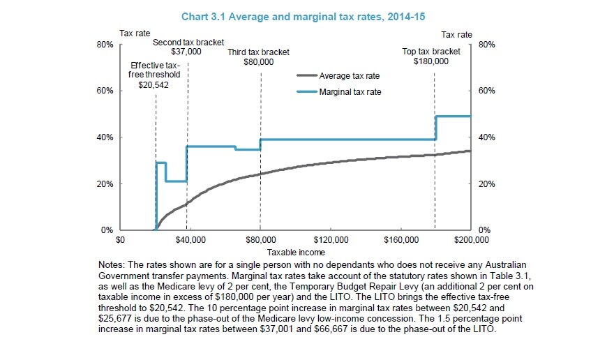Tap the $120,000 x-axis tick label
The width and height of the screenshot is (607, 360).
pyautogui.click(x=330, y=240)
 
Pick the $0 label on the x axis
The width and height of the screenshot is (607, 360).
pyautogui.click(x=120, y=240)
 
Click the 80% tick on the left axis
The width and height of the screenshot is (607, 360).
pyautogui.click(x=105, y=45)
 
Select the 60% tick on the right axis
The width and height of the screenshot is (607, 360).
pyautogui.click(x=487, y=91)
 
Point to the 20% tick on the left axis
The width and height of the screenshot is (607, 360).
pyautogui.click(x=105, y=184)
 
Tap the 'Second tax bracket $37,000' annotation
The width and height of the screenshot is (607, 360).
pyautogui.click(x=186, y=47)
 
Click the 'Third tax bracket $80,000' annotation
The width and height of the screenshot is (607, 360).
pyautogui.click(x=259, y=57)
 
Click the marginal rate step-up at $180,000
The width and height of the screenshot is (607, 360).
pyautogui.click(x=435, y=128)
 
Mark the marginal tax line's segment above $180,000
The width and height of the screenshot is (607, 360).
pyautogui.click(x=454, y=116)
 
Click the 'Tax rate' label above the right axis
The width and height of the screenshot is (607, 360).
pyautogui.click(x=457, y=33)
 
